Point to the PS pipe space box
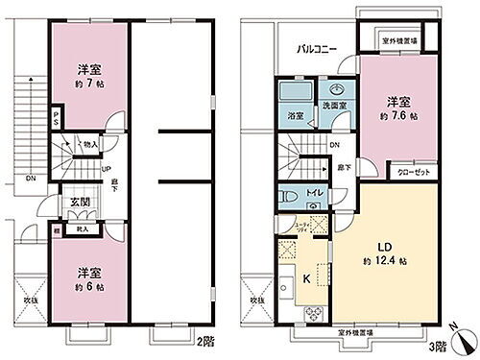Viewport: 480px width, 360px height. (x=57, y=120)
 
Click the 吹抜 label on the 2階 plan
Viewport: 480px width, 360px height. (x=30, y=300)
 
